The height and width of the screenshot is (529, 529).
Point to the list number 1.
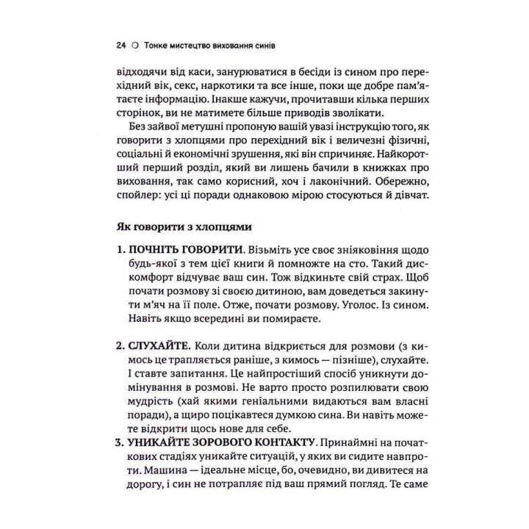(x=121, y=250)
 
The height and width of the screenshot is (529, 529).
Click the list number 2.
(x=121, y=345)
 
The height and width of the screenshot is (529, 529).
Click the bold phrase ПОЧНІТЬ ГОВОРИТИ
(x=177, y=250)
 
